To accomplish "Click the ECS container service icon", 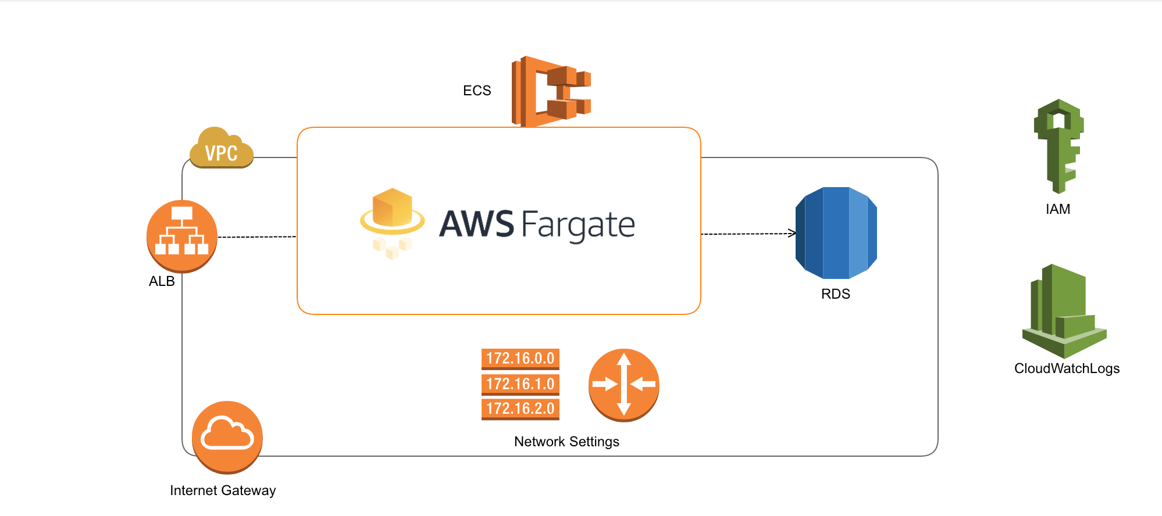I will point(550,91).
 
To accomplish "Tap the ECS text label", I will point(477,91).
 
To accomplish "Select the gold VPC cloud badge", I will point(222,149).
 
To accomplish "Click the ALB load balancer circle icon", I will point(182,236).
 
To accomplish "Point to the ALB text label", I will point(162,281).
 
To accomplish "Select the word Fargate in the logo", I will point(578,225).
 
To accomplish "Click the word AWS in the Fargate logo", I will point(476,224).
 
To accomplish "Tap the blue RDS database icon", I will point(836,233).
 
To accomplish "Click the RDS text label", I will point(835,294).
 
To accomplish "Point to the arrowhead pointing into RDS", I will point(792,234).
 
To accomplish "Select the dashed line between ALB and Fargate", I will point(256,237).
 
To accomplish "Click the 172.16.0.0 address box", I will point(520,359).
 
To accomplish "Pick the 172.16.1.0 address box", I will point(520,384).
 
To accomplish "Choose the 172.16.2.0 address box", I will point(520,408).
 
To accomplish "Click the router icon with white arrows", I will point(623,385).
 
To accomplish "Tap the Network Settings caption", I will point(566,442).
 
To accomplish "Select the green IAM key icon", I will point(1058,145).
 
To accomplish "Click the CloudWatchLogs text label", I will point(1067,368).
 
